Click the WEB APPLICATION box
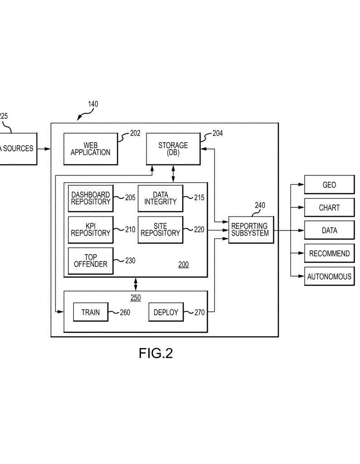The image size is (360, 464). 90,149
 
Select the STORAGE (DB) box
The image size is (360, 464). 173,149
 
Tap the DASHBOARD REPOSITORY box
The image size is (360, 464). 91,198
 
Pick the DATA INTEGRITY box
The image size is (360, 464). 160,198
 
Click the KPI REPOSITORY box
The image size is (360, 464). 91,230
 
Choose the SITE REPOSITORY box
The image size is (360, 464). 160,230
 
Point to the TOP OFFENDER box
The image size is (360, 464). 91,261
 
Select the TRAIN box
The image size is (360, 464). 91,312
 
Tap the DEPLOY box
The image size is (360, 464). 165,312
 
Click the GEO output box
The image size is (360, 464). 329,185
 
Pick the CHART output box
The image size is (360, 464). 329,208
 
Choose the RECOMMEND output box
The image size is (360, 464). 329,253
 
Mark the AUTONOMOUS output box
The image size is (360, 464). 329,276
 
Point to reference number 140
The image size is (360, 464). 92,104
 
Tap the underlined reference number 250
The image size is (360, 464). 135,298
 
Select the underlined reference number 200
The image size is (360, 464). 183,265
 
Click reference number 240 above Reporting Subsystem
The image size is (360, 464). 259,205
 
